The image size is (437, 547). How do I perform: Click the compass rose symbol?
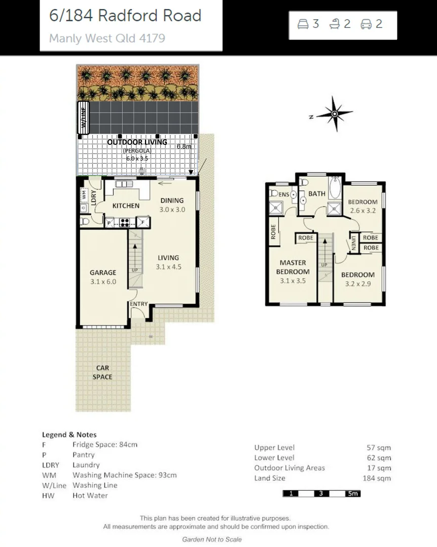point(334,114)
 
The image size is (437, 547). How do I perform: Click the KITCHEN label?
point(126,206)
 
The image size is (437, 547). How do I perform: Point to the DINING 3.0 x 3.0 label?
point(171,205)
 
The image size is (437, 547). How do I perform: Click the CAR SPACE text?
point(102,372)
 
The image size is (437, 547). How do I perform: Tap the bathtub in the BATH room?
point(336,188)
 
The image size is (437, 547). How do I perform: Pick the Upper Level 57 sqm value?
point(379,448)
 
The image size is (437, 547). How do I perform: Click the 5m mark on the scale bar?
point(352,493)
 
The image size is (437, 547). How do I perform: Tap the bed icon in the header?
point(303,24)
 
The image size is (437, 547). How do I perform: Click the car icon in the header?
point(366,24)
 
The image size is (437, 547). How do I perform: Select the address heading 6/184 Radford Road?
point(125,16)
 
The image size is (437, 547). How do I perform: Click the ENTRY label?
point(138,304)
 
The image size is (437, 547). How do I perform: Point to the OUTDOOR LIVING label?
point(137,142)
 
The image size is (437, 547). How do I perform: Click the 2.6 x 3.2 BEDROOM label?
point(362,206)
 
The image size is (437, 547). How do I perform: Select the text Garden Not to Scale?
point(212,539)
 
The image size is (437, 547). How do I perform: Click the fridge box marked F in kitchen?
point(143,222)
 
